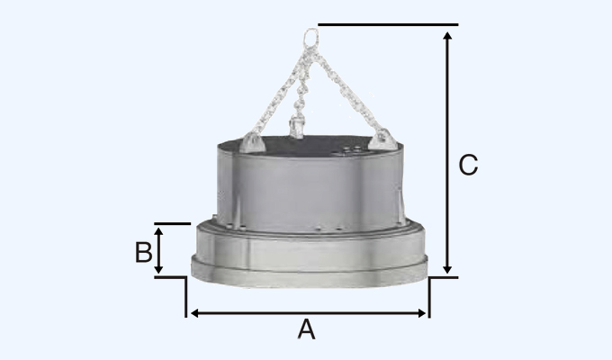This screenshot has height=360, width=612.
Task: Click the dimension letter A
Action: point(307,330)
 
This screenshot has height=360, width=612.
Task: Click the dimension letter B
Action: point(143,252)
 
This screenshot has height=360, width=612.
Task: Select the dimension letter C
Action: point(468,166)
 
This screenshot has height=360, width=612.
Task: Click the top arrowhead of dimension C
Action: point(447,34)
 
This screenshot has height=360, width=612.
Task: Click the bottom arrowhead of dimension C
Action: point(447,269)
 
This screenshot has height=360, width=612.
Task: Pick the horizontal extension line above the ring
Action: point(387,24)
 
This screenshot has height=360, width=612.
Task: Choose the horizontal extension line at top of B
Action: point(172,223)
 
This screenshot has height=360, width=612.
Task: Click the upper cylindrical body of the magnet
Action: point(310,184)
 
